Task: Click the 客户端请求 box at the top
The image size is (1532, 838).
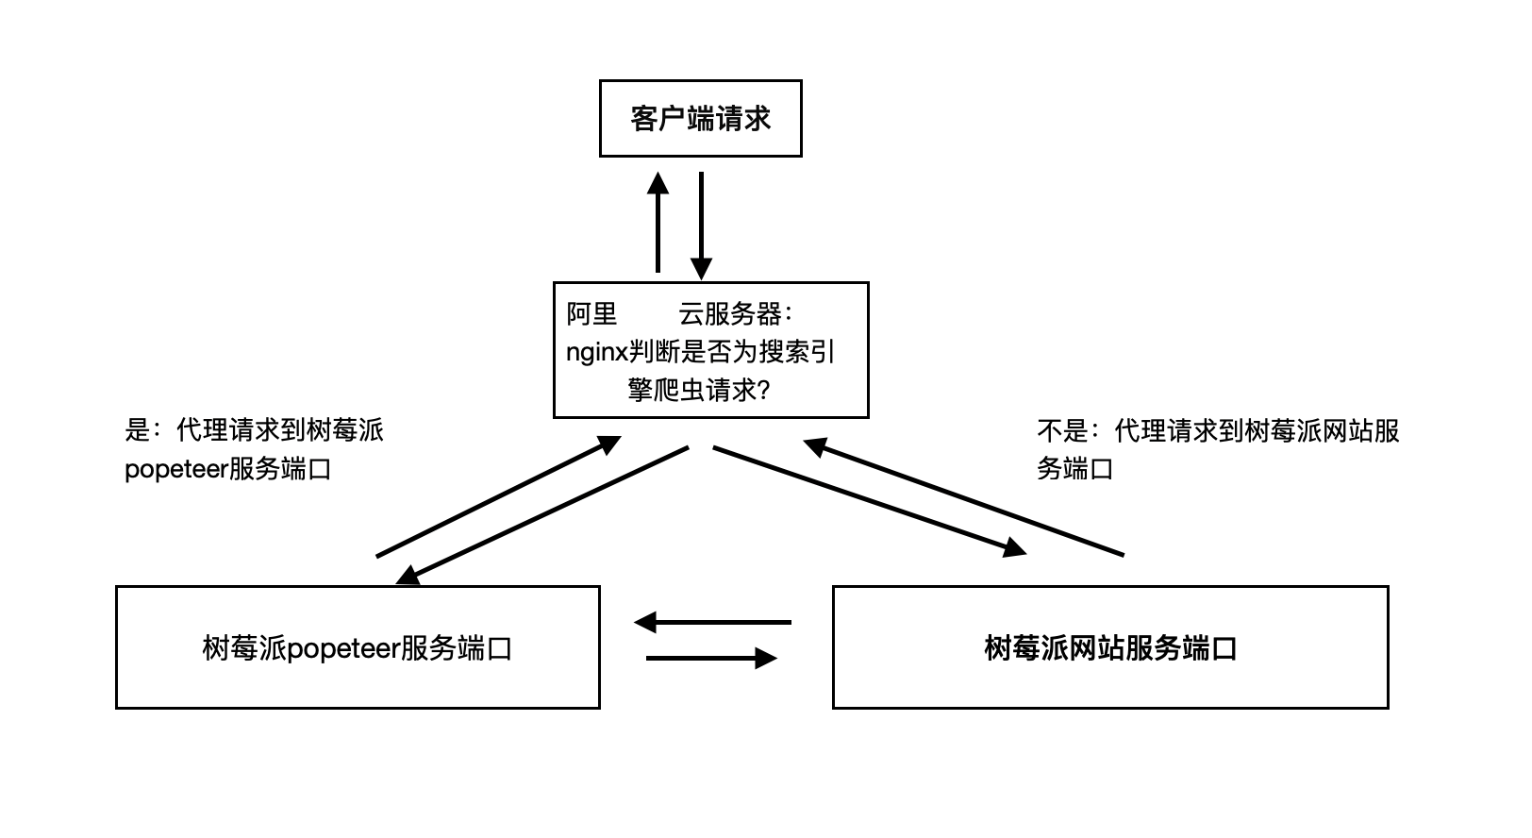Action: tap(700, 118)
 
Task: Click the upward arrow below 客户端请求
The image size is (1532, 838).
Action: tap(658, 223)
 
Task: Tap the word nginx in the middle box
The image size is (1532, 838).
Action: tap(596, 352)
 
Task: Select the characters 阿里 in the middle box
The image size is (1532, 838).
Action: tap(591, 313)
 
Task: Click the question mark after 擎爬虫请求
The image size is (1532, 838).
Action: tap(764, 390)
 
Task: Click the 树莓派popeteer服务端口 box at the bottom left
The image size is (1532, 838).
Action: tap(357, 647)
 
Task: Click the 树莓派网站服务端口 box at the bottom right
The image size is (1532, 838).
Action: tap(1109, 647)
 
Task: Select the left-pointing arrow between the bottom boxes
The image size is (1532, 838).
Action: tap(713, 623)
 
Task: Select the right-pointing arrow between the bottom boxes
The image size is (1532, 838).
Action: tap(711, 658)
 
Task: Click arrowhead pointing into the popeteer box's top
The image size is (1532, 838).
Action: tap(408, 576)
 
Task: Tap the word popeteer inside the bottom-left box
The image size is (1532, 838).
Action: tap(342, 649)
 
